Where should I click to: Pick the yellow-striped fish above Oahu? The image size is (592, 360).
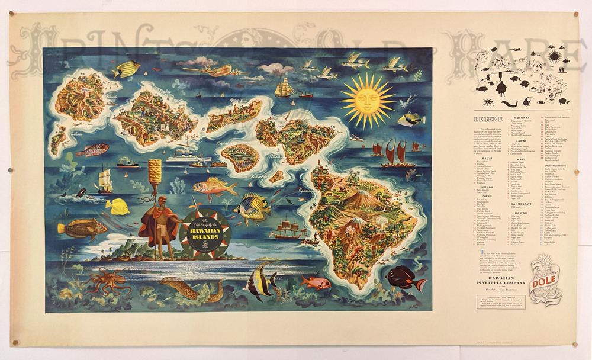(126, 69)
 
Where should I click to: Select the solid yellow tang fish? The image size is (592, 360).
(117, 207)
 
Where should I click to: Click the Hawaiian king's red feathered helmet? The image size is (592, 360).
(153, 196)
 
